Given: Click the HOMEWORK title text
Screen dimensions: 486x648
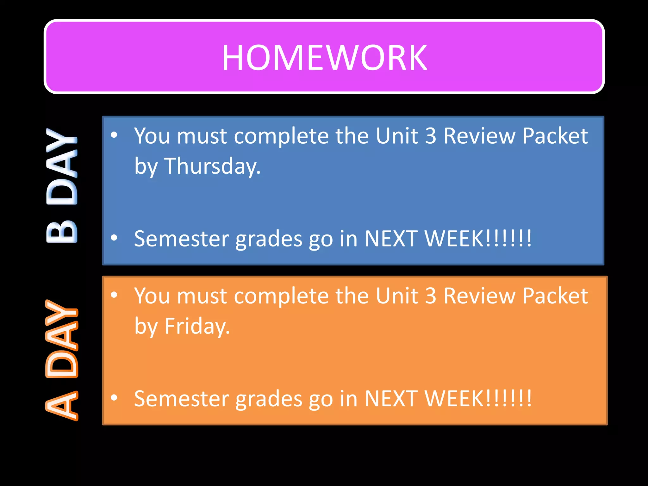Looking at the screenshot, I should tap(324, 58).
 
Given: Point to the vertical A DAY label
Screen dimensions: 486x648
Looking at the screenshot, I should tap(62, 360).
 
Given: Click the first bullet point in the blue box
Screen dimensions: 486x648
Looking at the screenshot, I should tap(114, 135).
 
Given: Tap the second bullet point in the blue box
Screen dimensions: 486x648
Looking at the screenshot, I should tap(114, 238).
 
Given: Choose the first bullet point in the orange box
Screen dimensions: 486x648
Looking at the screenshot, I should tap(114, 295).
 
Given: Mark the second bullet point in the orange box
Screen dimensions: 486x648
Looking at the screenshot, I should tap(114, 398).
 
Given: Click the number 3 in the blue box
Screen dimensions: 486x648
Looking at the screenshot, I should tap(430, 136).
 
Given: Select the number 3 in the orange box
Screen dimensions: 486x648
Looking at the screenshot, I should tap(430, 296).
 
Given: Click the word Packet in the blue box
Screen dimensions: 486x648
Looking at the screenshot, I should tap(555, 136).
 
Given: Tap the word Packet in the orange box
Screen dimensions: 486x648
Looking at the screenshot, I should tap(555, 296).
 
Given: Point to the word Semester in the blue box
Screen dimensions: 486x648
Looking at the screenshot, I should tap(182, 239).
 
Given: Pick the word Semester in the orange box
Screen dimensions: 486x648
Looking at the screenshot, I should tap(182, 399).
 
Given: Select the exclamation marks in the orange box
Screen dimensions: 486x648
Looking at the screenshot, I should tap(508, 399).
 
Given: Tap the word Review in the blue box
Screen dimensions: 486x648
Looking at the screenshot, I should tap(479, 136).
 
